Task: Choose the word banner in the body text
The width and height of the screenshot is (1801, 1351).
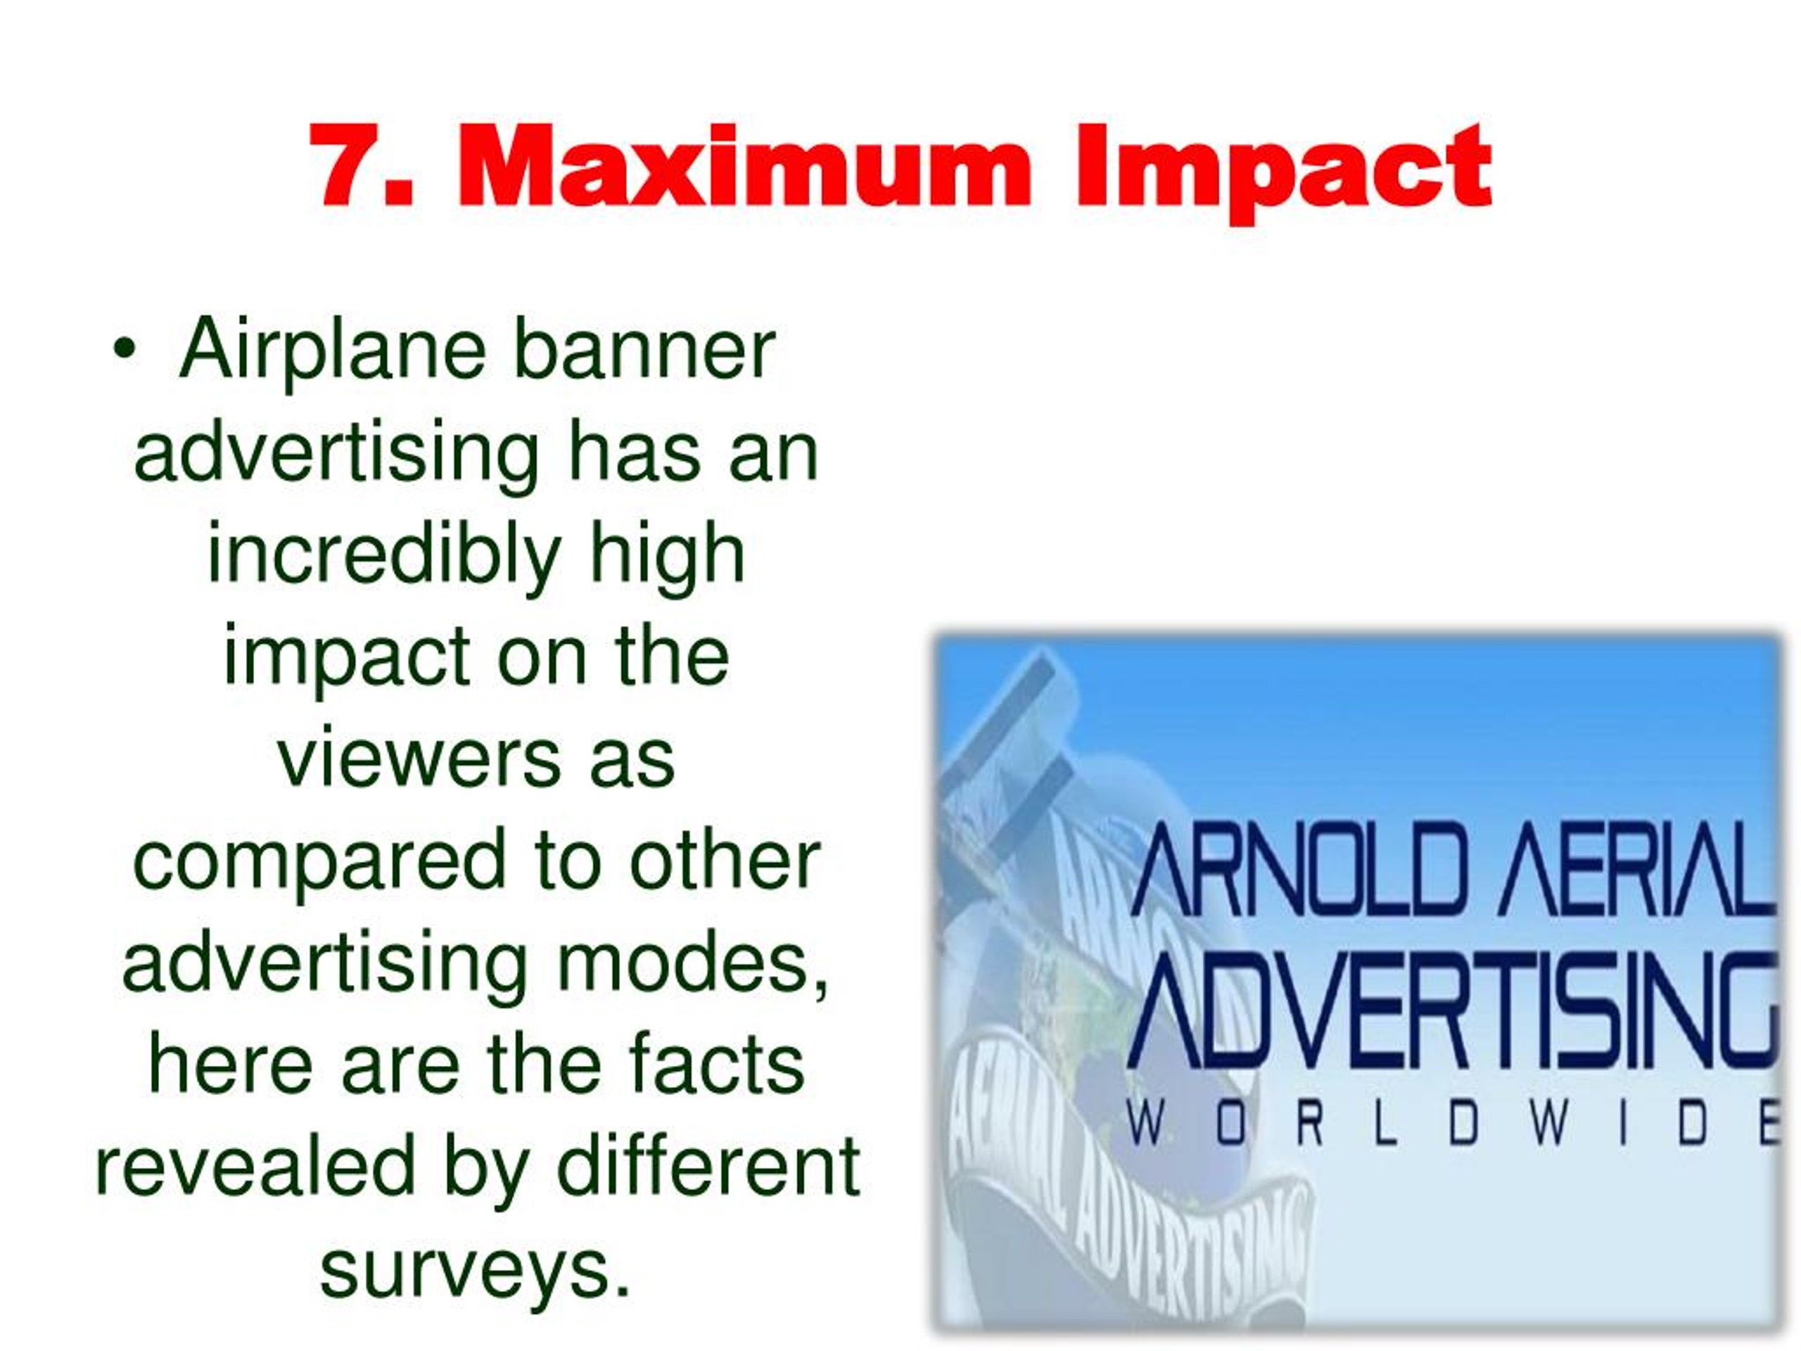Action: pos(644,352)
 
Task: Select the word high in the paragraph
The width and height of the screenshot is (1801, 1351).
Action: pos(667,557)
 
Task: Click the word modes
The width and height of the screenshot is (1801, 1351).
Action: pos(692,964)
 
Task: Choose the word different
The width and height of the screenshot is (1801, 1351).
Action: pos(708,1168)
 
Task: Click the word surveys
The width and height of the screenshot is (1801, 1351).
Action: pos(476,1272)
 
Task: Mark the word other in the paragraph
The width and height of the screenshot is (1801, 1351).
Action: pos(725,861)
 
